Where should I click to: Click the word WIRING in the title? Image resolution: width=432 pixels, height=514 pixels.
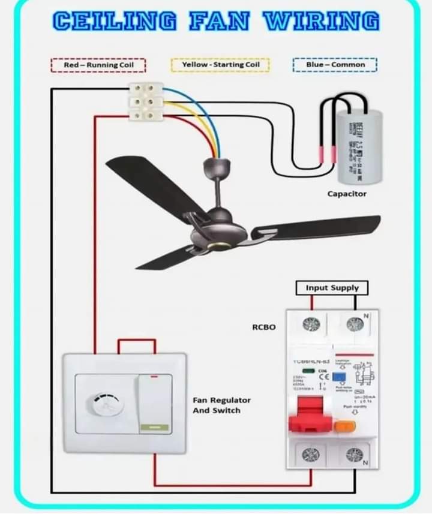(322, 21)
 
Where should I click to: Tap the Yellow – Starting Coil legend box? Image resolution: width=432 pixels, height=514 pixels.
(220, 64)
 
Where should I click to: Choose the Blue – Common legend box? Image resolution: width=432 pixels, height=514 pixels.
(335, 64)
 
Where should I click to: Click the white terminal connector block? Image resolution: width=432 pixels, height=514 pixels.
(146, 101)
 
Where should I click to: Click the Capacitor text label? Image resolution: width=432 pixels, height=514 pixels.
(347, 194)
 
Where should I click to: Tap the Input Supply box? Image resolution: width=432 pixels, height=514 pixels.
(332, 288)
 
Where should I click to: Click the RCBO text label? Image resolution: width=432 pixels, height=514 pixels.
(264, 327)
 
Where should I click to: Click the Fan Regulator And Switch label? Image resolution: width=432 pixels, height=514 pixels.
(221, 405)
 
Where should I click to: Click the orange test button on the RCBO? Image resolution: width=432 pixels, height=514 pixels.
(345, 426)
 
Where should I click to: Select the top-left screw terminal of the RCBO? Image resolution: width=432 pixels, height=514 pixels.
(311, 324)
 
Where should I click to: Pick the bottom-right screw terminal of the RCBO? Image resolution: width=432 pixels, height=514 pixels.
(355, 455)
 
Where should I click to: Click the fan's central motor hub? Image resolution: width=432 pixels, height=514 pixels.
(218, 232)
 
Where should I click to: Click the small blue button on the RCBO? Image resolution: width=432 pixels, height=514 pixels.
(339, 377)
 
